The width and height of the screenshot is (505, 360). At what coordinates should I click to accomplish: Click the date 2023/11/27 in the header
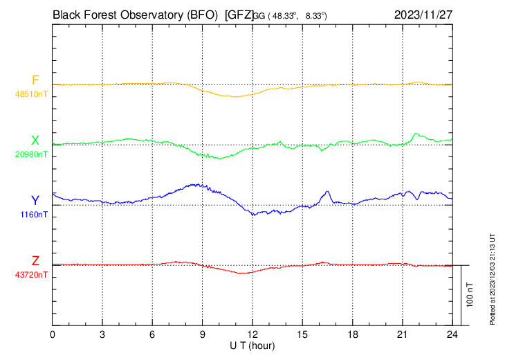coord(423,14)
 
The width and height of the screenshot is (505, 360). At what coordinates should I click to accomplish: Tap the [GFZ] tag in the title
coord(239,14)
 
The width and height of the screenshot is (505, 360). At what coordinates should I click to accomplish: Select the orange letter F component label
coord(35,80)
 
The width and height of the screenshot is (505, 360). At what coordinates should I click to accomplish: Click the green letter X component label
coord(35,141)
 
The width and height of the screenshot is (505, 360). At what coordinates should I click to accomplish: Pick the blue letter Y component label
coord(35,201)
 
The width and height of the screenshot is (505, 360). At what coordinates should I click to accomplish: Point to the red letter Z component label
coord(35,261)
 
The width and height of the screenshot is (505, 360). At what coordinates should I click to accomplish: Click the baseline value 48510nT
coord(32,93)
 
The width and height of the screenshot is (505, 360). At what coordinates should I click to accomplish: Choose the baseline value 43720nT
coord(32,275)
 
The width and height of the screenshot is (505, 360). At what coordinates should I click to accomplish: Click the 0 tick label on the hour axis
coord(53,334)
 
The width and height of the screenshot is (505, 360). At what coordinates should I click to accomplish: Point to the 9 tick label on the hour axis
coord(203,334)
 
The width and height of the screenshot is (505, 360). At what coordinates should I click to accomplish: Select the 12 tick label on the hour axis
coord(252,334)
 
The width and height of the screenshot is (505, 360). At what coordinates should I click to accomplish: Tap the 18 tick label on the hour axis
coord(353,334)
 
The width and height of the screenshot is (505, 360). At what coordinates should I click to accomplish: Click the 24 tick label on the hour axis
coord(452,334)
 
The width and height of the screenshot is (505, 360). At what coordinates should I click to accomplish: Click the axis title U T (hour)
coord(252,345)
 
